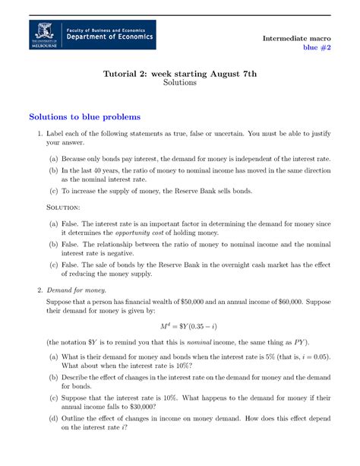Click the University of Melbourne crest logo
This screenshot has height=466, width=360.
[45, 36]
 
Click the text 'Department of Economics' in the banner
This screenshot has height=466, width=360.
[109, 36]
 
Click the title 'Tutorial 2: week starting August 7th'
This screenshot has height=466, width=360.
[180, 73]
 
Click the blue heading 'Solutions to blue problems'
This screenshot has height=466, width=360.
[84, 117]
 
